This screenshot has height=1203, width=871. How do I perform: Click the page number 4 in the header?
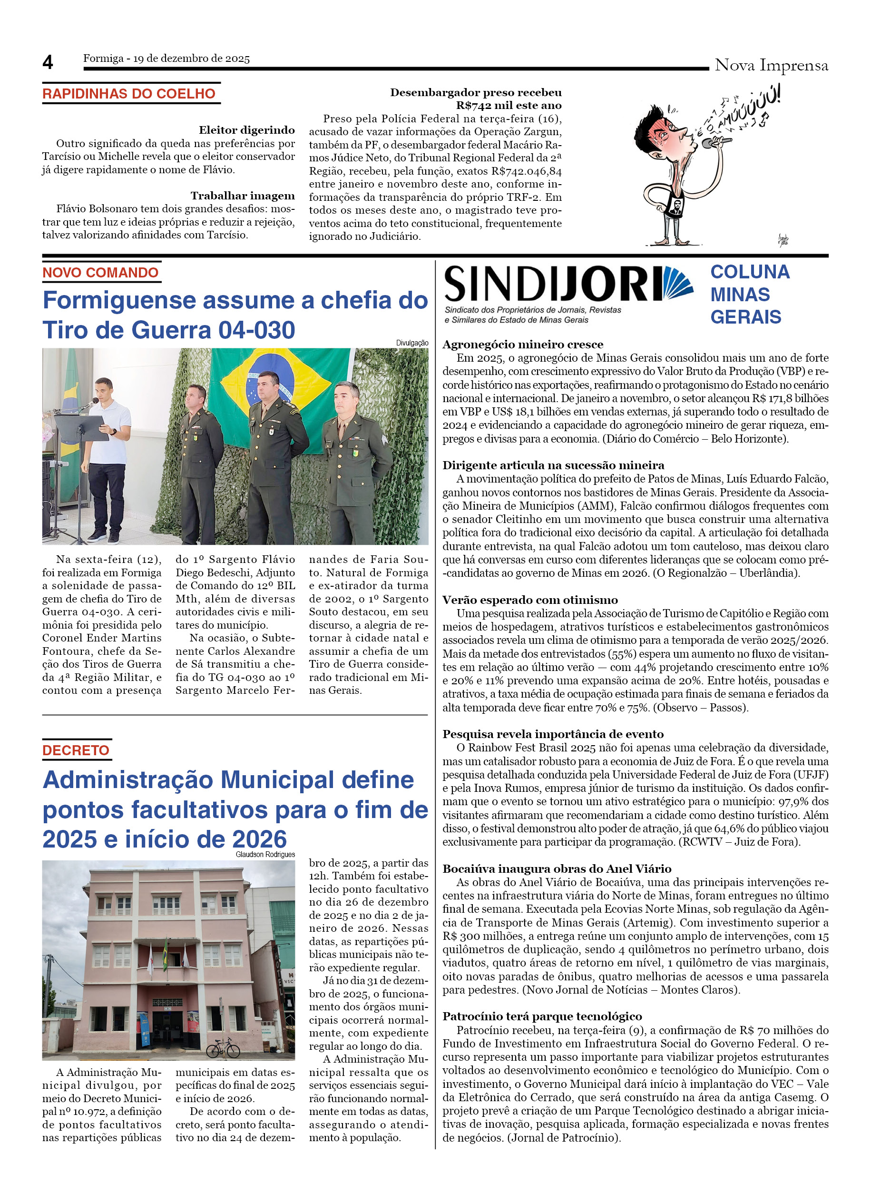pos(48,63)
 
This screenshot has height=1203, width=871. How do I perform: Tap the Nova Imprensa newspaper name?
pos(771,65)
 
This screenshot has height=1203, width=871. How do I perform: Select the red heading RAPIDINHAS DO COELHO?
pos(129,94)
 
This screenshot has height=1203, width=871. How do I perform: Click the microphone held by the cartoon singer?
pos(715,142)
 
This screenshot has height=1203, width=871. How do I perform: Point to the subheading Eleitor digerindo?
pos(246,130)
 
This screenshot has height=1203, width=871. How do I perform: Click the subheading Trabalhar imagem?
pos(242,196)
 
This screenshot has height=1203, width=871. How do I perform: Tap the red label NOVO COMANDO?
pos(100,273)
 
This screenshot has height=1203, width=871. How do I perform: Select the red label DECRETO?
pos(76,750)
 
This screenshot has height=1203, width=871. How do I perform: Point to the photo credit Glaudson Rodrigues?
pos(265,855)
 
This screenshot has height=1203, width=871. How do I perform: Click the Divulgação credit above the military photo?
pos(412,343)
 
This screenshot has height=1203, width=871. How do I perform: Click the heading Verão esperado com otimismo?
pos(530,600)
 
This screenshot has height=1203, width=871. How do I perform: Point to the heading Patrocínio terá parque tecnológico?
pos(542,1016)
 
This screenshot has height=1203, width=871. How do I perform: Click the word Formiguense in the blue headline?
pos(119,300)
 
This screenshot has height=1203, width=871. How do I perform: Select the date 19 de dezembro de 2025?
pos(191,59)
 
